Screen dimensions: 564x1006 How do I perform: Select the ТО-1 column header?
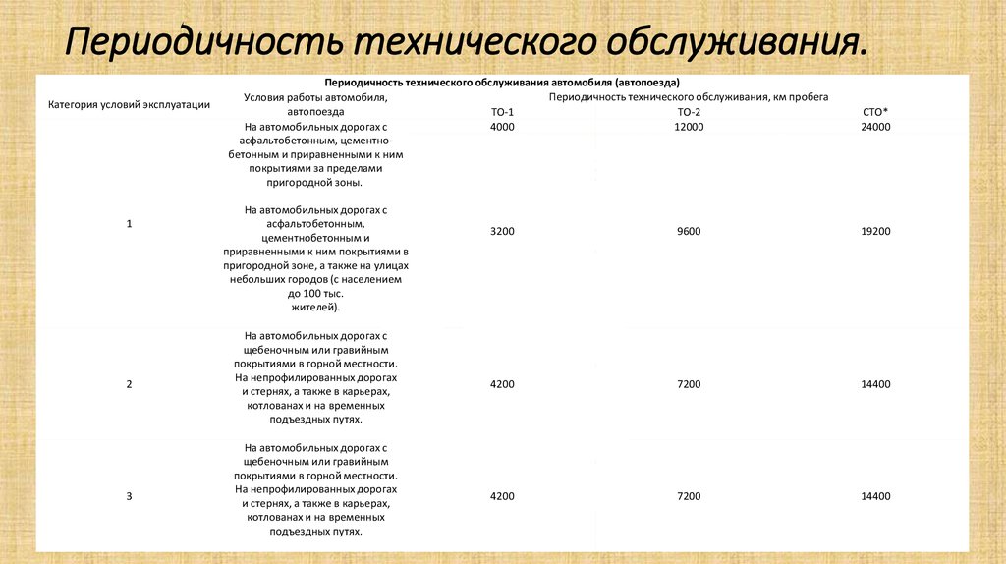tap(502, 113)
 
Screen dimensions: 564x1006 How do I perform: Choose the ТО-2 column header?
tap(689, 113)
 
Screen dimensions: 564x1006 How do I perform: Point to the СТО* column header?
tap(875, 113)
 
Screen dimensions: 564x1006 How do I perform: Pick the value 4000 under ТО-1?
tap(502, 128)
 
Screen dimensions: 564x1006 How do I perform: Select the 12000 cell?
tap(689, 128)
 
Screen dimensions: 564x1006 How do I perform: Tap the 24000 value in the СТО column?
tap(875, 128)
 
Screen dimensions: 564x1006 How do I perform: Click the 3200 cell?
tap(502, 231)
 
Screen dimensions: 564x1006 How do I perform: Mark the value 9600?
tap(689, 231)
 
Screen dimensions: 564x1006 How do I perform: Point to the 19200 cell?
tap(875, 231)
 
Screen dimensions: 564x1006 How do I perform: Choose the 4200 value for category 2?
tap(502, 384)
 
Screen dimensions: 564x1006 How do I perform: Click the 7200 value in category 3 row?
tap(689, 497)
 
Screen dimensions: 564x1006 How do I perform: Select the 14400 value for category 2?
tap(875, 384)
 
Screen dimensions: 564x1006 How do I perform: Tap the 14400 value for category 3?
tap(875, 497)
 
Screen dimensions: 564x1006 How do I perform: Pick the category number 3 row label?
tap(129, 497)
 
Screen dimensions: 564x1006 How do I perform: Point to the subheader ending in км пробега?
tap(689, 98)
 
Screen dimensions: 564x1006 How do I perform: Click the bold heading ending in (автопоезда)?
tap(502, 84)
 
